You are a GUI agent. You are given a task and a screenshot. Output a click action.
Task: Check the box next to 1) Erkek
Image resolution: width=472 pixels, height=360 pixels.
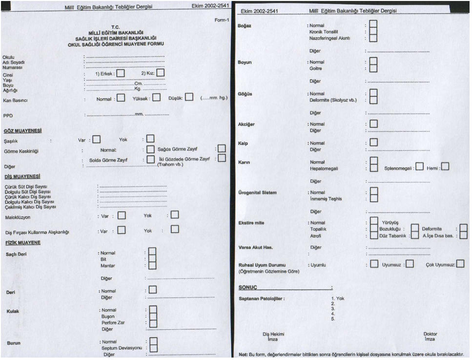pyautogui.click(x=121, y=73)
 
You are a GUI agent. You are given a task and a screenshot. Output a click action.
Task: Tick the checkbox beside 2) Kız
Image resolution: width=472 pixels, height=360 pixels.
pyautogui.click(x=161, y=73)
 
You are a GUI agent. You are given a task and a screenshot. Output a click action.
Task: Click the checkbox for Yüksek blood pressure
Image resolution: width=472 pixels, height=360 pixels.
pyautogui.click(x=156, y=97)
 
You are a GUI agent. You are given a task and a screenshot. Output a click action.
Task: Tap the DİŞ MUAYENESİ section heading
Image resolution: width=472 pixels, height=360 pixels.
pyautogui.click(x=21, y=176)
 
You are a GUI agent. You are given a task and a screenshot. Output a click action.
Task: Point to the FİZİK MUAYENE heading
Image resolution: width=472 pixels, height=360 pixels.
pyautogui.click(x=22, y=242)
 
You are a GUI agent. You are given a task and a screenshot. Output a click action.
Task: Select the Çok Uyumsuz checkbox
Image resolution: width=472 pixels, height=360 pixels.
pyautogui.click(x=460, y=264)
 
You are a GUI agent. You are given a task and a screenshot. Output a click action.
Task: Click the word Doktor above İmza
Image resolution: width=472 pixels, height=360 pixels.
pyautogui.click(x=430, y=334)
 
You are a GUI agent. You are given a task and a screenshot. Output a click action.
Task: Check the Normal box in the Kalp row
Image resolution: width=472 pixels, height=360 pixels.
pyautogui.click(x=373, y=143)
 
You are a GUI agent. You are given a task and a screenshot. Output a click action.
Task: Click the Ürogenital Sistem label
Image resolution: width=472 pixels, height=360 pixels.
pyautogui.click(x=257, y=192)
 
